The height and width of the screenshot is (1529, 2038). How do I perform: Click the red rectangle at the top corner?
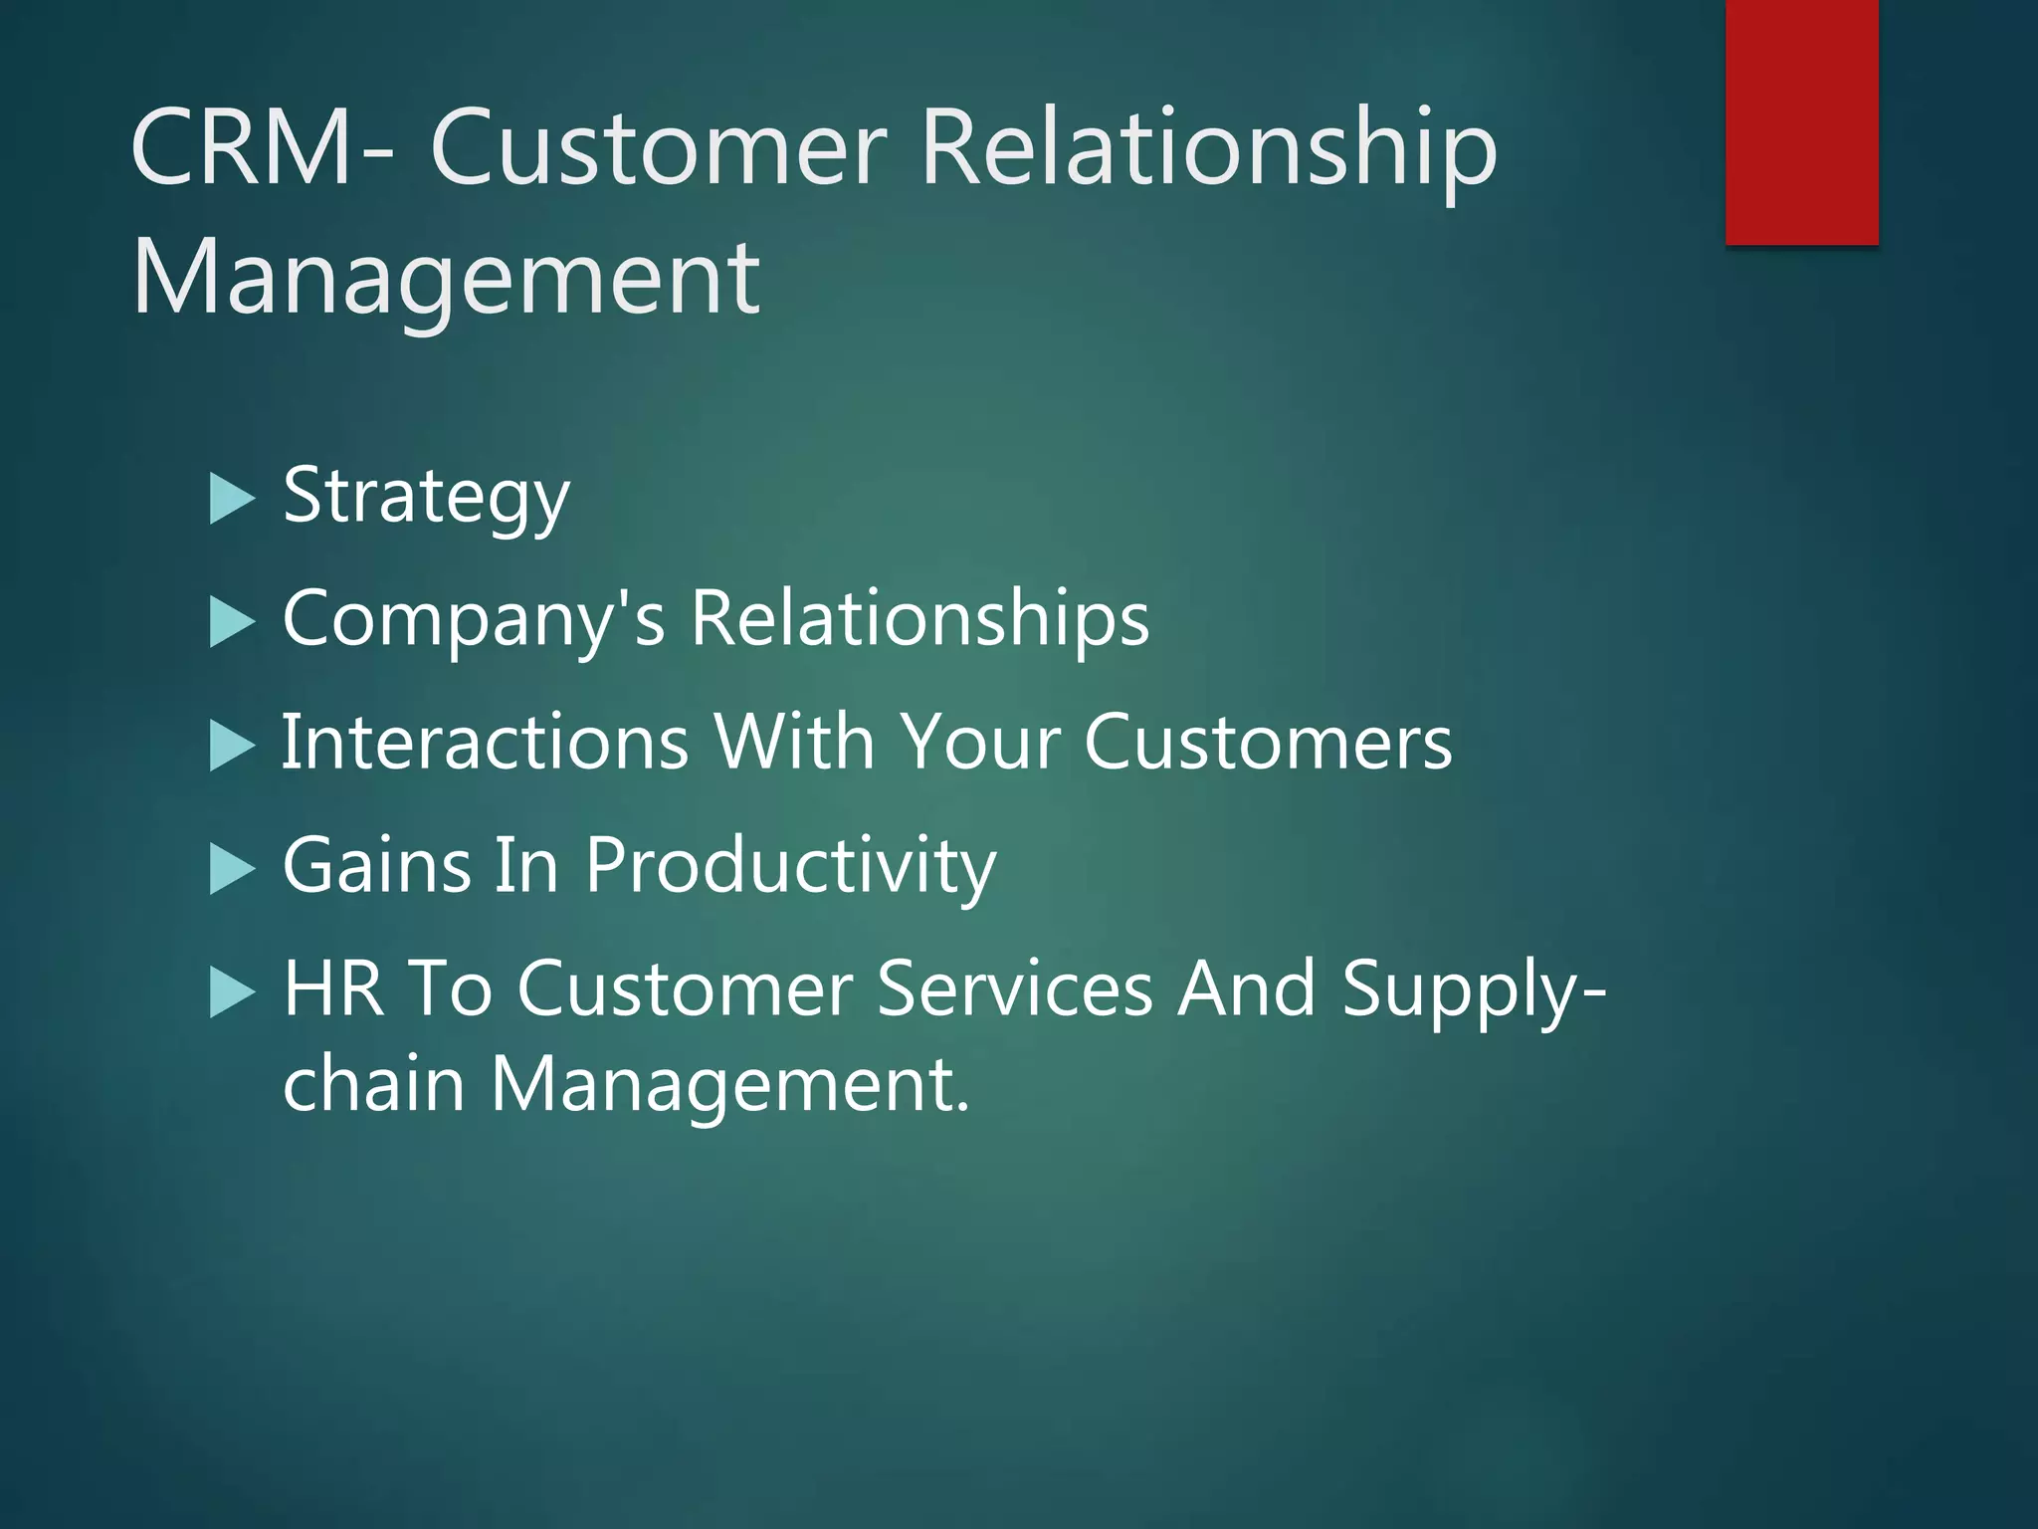[x=1801, y=121]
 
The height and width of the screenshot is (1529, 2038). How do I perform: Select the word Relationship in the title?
[x=1208, y=148]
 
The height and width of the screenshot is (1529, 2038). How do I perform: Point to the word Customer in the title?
[x=658, y=148]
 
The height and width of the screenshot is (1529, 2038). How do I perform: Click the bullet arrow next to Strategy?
[x=233, y=499]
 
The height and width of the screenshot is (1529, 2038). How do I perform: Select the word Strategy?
[x=426, y=497]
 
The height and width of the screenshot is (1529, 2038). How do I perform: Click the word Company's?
[x=473, y=619]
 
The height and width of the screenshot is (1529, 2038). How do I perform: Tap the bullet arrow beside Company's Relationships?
[x=233, y=623]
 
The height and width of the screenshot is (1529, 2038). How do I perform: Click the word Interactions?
[x=485, y=742]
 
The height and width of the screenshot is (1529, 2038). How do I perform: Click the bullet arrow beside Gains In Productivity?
[x=233, y=869]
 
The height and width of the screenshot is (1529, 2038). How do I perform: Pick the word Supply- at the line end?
[x=1473, y=990]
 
